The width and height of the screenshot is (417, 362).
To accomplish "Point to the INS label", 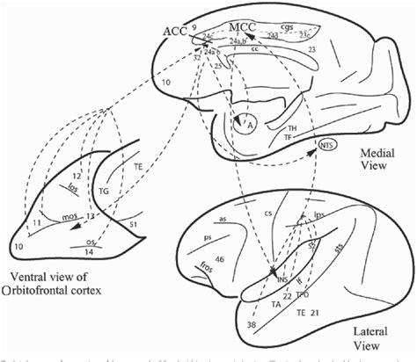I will pos(283,279).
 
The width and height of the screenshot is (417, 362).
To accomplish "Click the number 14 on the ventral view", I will pos(89,252).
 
